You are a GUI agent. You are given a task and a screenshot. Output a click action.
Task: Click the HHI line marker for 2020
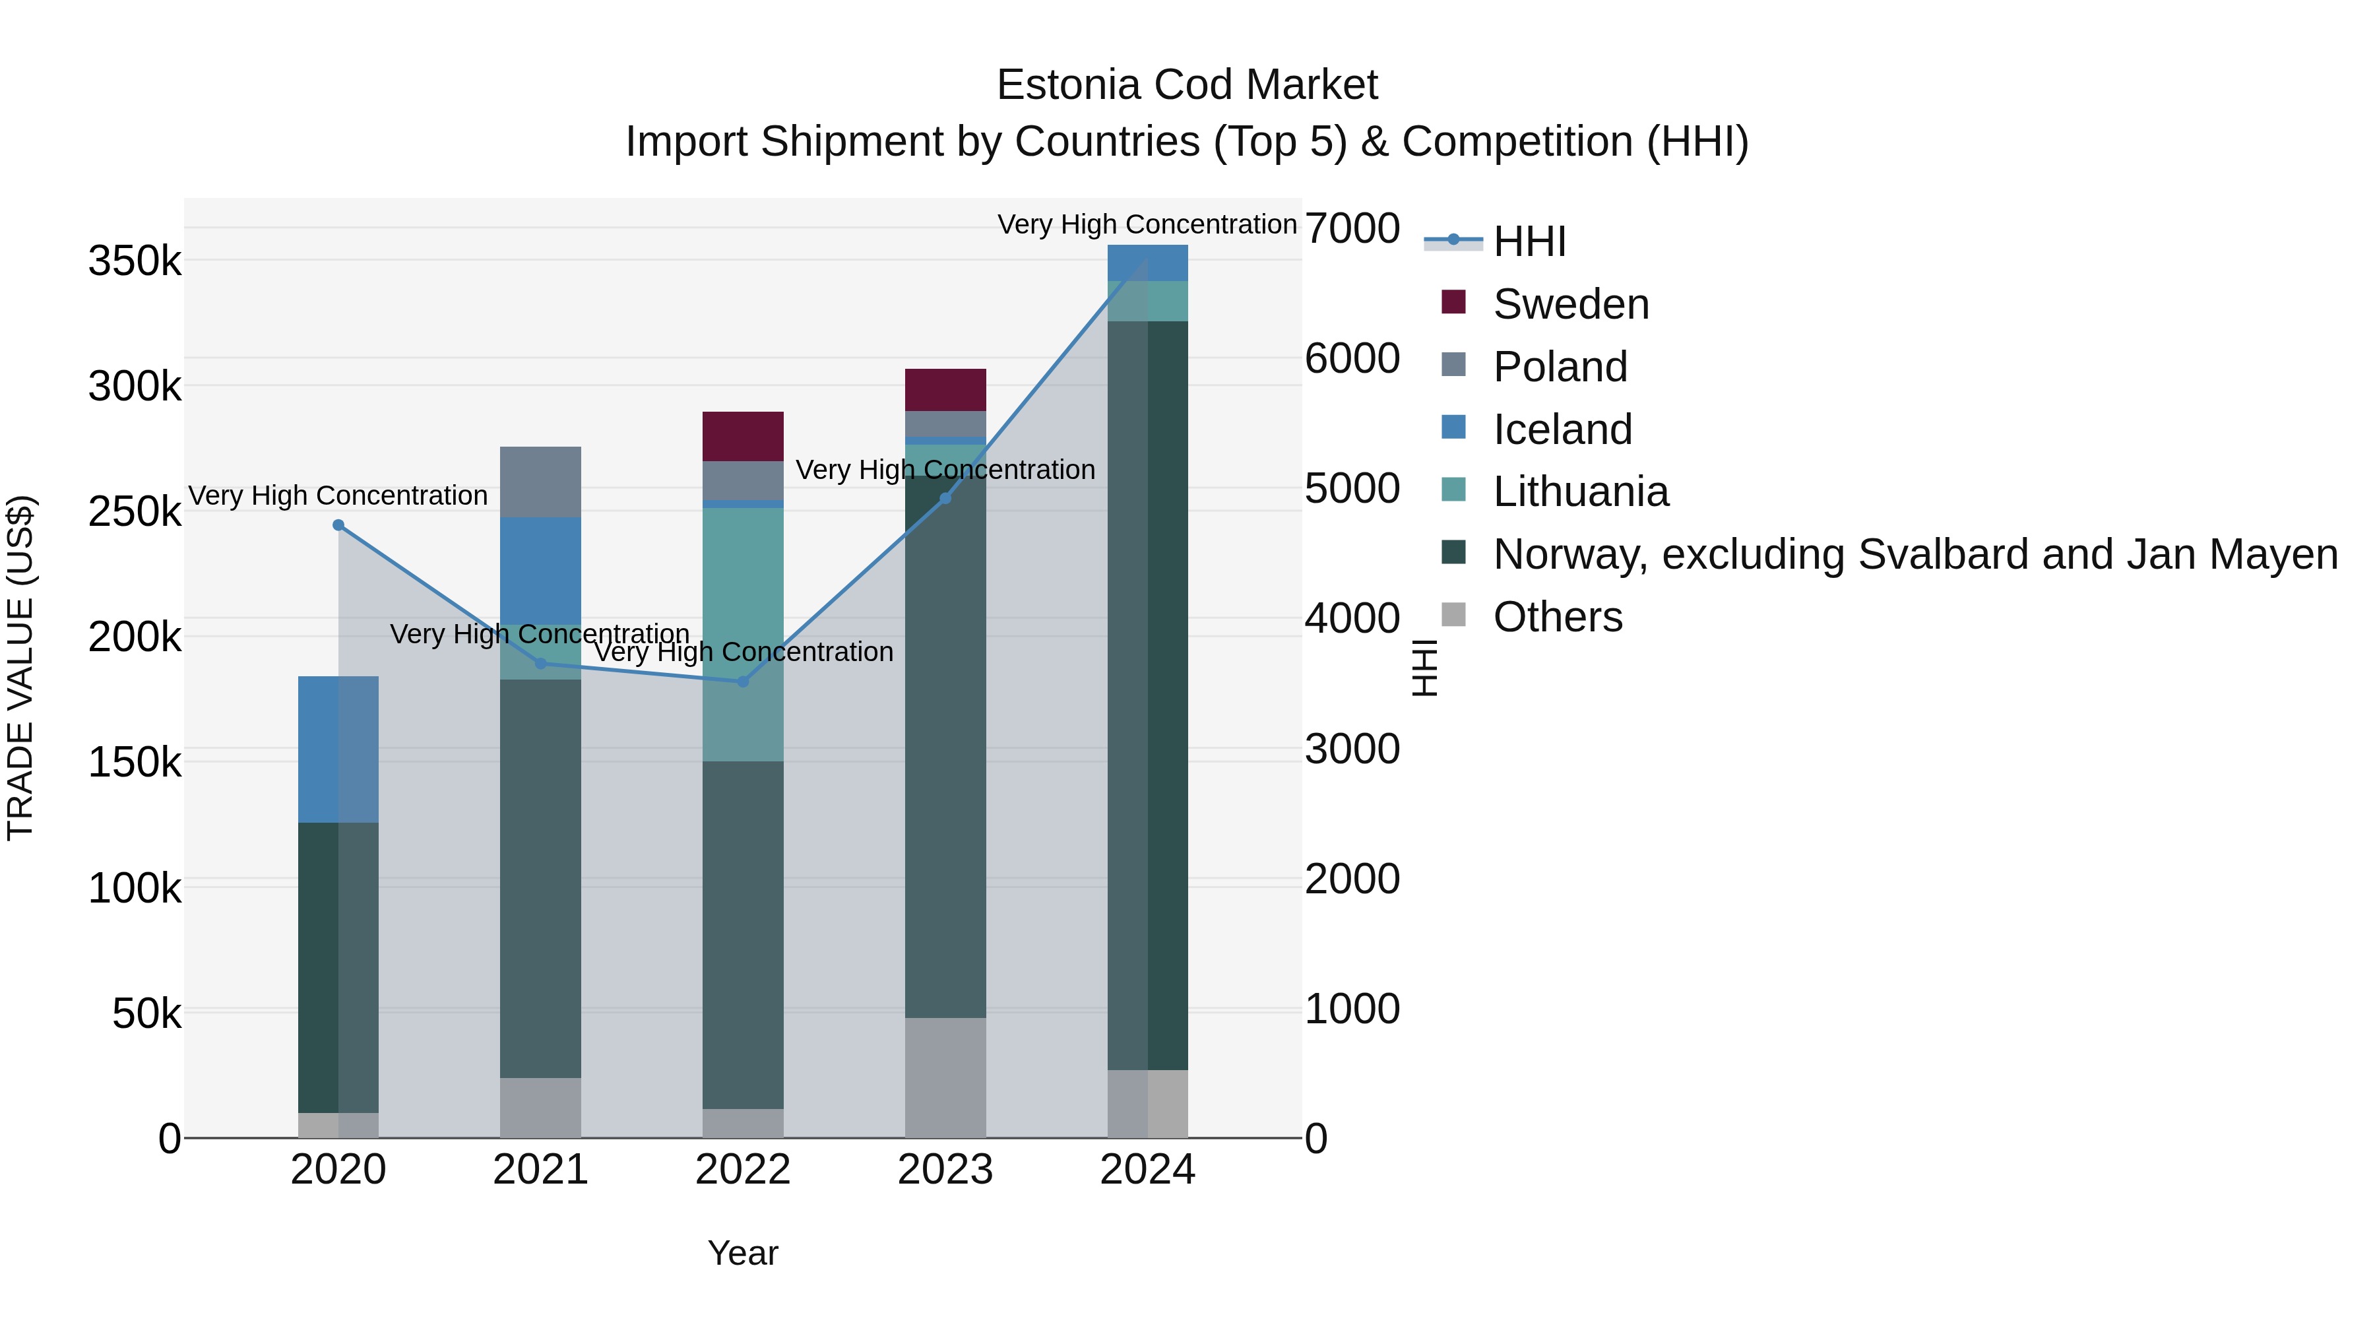click(338, 526)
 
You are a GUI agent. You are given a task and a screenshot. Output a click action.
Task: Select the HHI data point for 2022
click(743, 682)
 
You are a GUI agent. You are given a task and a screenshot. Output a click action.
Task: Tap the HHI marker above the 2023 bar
click(945, 499)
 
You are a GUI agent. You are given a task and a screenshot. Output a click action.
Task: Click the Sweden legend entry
click(1570, 304)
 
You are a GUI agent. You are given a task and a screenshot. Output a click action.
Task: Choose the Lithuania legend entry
click(1580, 492)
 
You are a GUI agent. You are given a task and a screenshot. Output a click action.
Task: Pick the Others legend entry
click(1557, 617)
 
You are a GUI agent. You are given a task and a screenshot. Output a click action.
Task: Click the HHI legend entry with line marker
click(1529, 241)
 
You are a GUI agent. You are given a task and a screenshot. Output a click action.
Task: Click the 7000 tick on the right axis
click(1352, 229)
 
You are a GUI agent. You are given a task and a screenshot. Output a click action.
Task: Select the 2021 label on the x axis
click(540, 1170)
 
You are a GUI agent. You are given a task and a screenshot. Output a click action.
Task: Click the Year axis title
click(743, 1253)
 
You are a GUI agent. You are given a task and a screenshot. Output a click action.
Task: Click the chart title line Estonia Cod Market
click(1187, 85)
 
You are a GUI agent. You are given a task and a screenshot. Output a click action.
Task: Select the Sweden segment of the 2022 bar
click(743, 436)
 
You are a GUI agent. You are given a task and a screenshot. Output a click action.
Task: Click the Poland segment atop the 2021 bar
click(540, 482)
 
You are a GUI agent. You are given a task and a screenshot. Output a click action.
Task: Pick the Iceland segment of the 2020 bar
click(338, 749)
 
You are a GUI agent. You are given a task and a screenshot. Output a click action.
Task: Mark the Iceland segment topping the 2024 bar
click(1147, 263)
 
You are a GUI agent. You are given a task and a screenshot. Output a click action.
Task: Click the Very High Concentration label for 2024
click(1147, 224)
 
